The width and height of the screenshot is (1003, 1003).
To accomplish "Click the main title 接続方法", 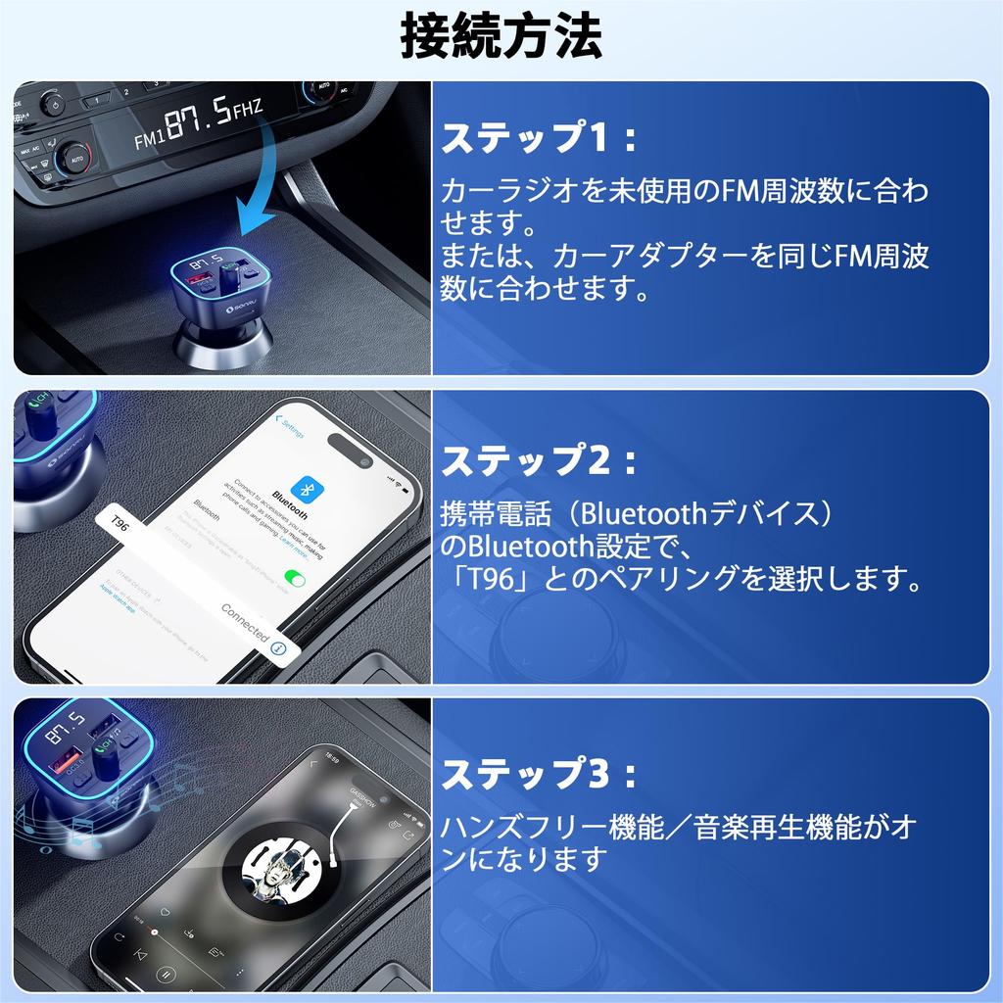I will point(501,37).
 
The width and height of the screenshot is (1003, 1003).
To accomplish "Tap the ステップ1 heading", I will point(539,139).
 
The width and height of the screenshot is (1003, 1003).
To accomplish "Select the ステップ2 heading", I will point(539,460).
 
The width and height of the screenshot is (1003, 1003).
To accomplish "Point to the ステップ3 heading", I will point(539,776).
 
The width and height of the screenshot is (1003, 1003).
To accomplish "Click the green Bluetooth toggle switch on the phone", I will point(293,579).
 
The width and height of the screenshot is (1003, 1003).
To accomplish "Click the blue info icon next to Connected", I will point(279,648).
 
